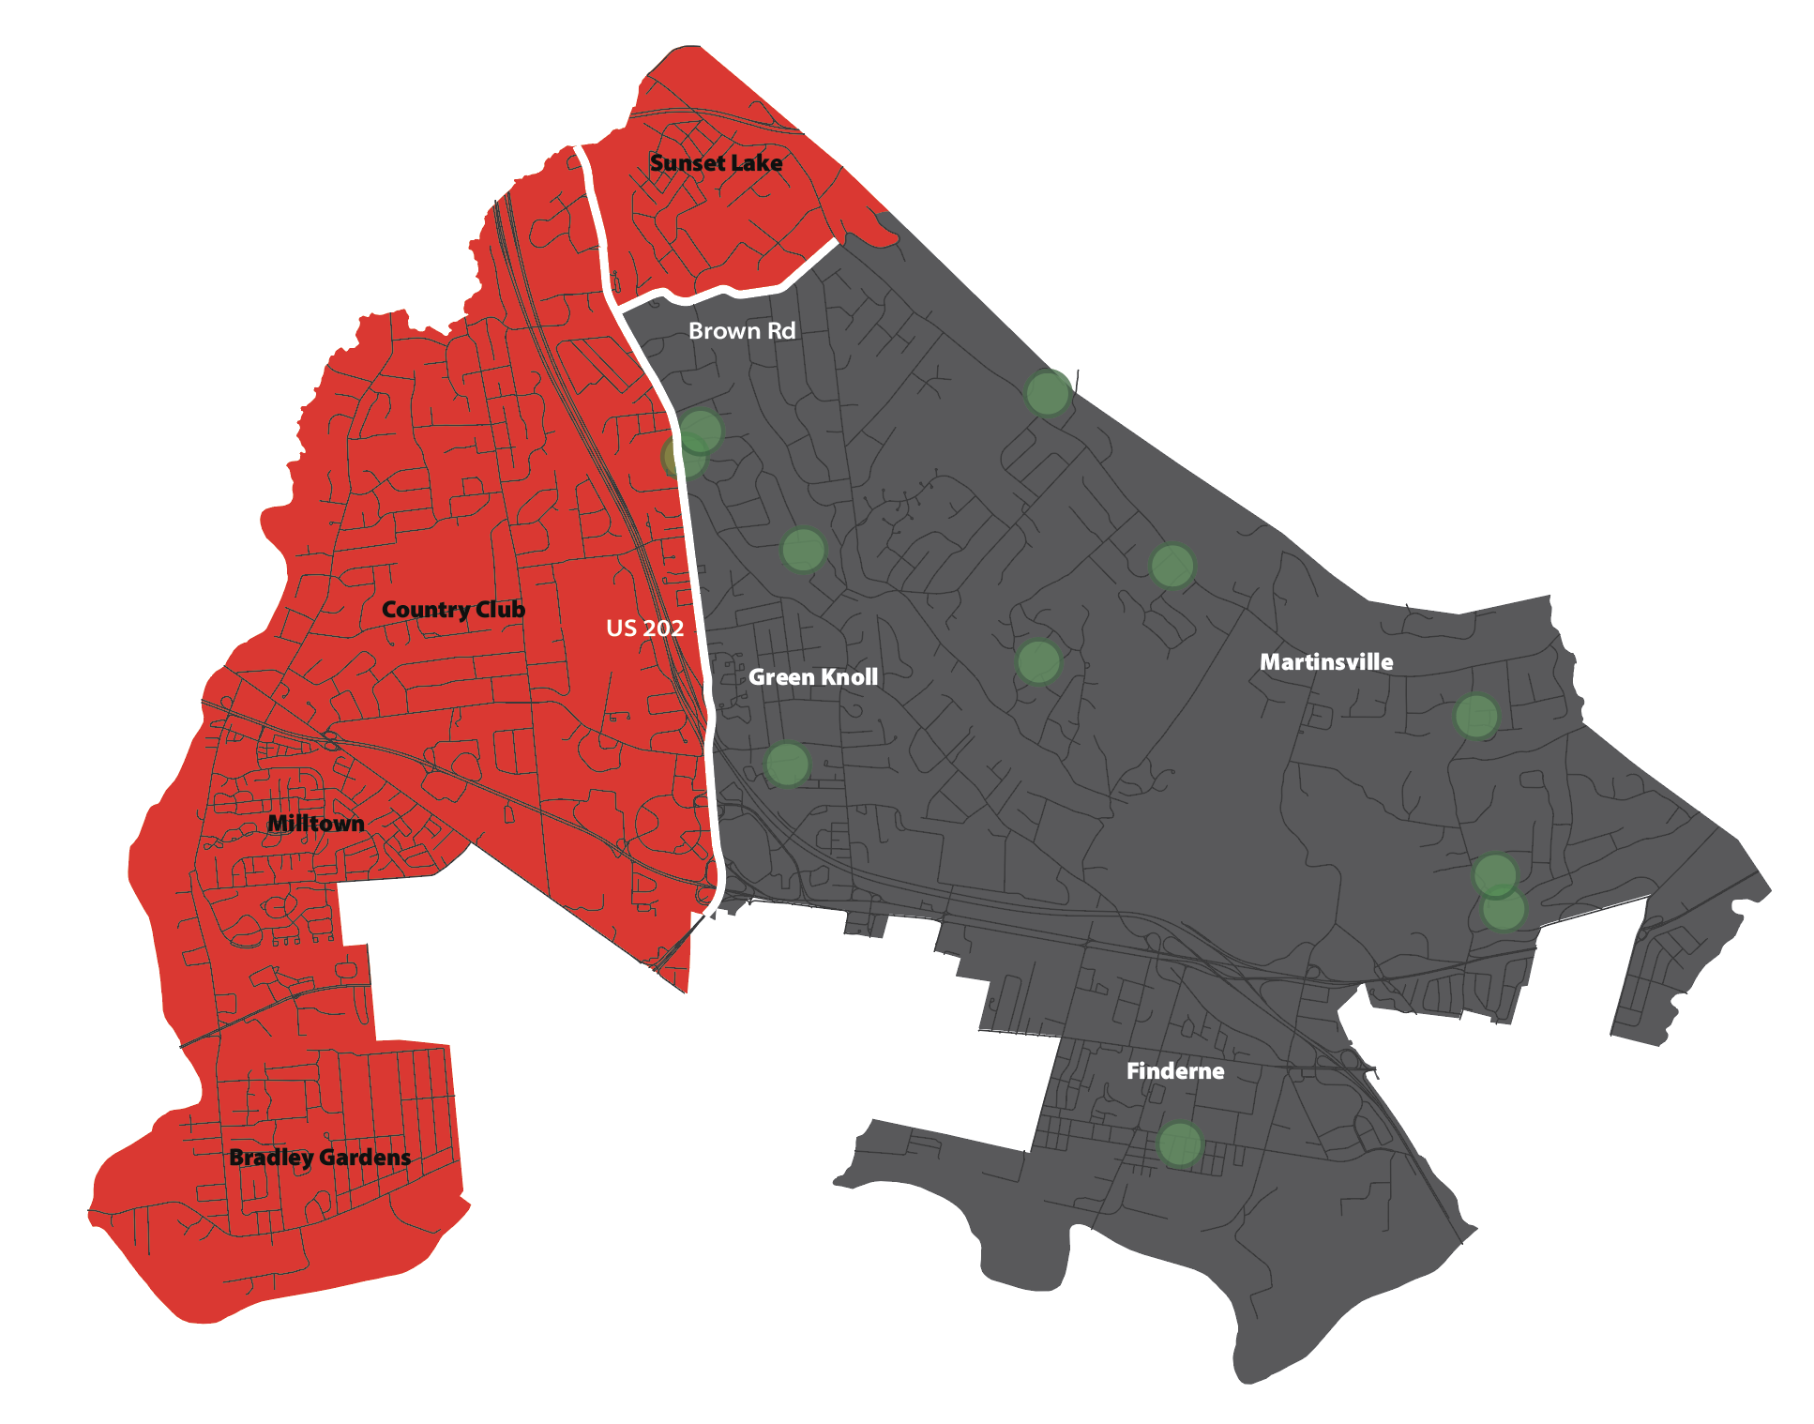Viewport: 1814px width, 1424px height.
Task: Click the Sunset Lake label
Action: point(716,163)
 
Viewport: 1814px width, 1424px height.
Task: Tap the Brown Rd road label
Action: point(741,331)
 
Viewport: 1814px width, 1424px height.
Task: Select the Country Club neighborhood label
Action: point(453,610)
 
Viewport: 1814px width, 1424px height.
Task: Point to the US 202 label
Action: point(644,629)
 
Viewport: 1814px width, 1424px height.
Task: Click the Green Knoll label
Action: point(813,677)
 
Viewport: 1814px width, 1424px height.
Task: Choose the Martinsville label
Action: point(1325,662)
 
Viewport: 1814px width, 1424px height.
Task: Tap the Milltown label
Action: point(315,824)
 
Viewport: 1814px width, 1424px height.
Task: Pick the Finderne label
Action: point(1174,1071)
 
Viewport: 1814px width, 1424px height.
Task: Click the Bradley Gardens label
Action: point(320,1158)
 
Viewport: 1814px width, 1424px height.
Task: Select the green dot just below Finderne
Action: point(1179,1144)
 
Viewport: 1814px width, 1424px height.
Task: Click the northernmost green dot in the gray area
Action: point(1047,392)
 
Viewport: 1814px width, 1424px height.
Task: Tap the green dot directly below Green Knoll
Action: point(787,765)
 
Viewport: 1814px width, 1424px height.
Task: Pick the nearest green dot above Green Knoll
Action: point(803,550)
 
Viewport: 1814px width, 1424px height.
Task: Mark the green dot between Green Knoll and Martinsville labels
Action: point(1038,662)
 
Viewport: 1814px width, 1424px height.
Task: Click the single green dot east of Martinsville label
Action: point(1476,717)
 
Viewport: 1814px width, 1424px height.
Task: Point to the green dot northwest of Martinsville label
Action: point(1172,566)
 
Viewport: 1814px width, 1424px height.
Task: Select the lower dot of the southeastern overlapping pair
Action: point(1504,910)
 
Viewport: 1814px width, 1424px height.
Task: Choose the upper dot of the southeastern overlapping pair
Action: point(1495,874)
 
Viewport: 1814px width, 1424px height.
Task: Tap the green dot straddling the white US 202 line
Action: point(683,457)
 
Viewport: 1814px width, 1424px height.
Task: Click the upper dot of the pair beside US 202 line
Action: point(701,431)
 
